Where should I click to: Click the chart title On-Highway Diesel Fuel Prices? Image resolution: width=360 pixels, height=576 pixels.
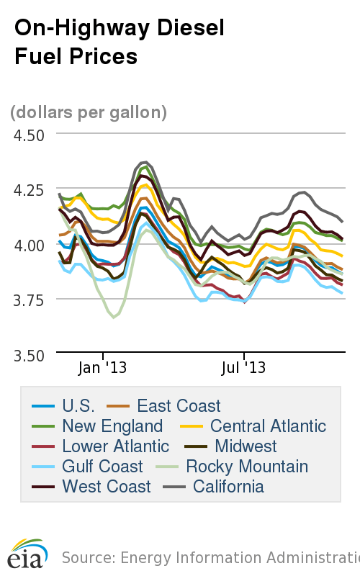point(120,42)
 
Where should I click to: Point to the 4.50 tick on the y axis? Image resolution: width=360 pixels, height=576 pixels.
point(27,135)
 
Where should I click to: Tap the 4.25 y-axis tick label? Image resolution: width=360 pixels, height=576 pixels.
point(27,190)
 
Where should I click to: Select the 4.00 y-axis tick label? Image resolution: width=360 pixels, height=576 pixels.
point(27,245)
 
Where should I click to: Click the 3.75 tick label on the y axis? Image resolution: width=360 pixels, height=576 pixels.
point(27,300)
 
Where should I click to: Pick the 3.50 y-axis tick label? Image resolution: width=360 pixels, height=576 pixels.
point(27,355)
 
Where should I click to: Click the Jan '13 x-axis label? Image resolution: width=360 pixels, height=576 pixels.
point(103,368)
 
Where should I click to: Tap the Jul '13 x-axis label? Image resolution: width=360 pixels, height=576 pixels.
point(244,368)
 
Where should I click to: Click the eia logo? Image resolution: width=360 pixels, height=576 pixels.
point(28,554)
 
